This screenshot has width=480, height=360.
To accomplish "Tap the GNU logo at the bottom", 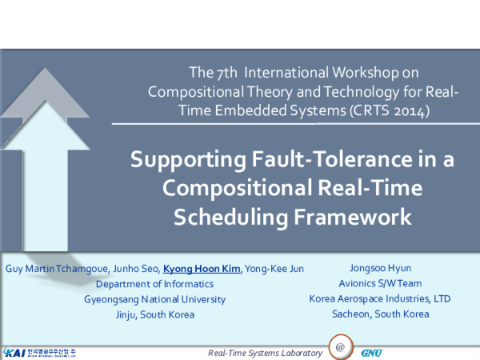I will tap(371, 352).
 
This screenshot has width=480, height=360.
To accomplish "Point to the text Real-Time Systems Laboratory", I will tap(265, 353).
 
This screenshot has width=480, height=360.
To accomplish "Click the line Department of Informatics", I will tap(154, 283).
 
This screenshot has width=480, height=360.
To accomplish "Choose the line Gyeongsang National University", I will tap(154, 298).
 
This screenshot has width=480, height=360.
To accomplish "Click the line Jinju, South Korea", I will tap(154, 314).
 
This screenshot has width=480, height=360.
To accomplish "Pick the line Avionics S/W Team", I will tap(380, 283).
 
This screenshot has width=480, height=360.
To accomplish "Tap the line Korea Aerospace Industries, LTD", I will tap(380, 298).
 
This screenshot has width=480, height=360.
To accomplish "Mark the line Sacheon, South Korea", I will tap(380, 314).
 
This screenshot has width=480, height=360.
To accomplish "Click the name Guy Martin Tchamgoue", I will tap(51, 268).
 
